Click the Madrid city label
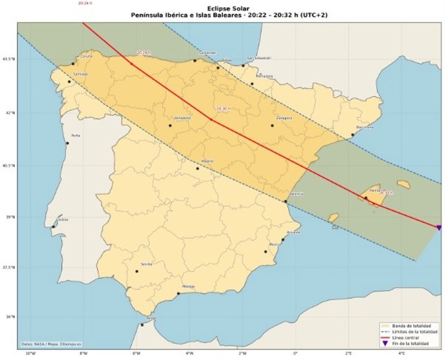207,161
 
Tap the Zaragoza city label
284,118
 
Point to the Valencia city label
297,194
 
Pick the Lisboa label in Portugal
63,219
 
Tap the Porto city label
76,135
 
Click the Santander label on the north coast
207,53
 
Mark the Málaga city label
188,286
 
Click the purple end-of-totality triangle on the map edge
439,228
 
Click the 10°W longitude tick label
30,353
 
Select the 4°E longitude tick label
401,353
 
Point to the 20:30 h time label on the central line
223,109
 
